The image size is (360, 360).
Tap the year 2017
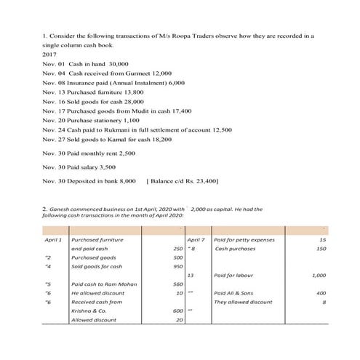coord(49,55)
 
